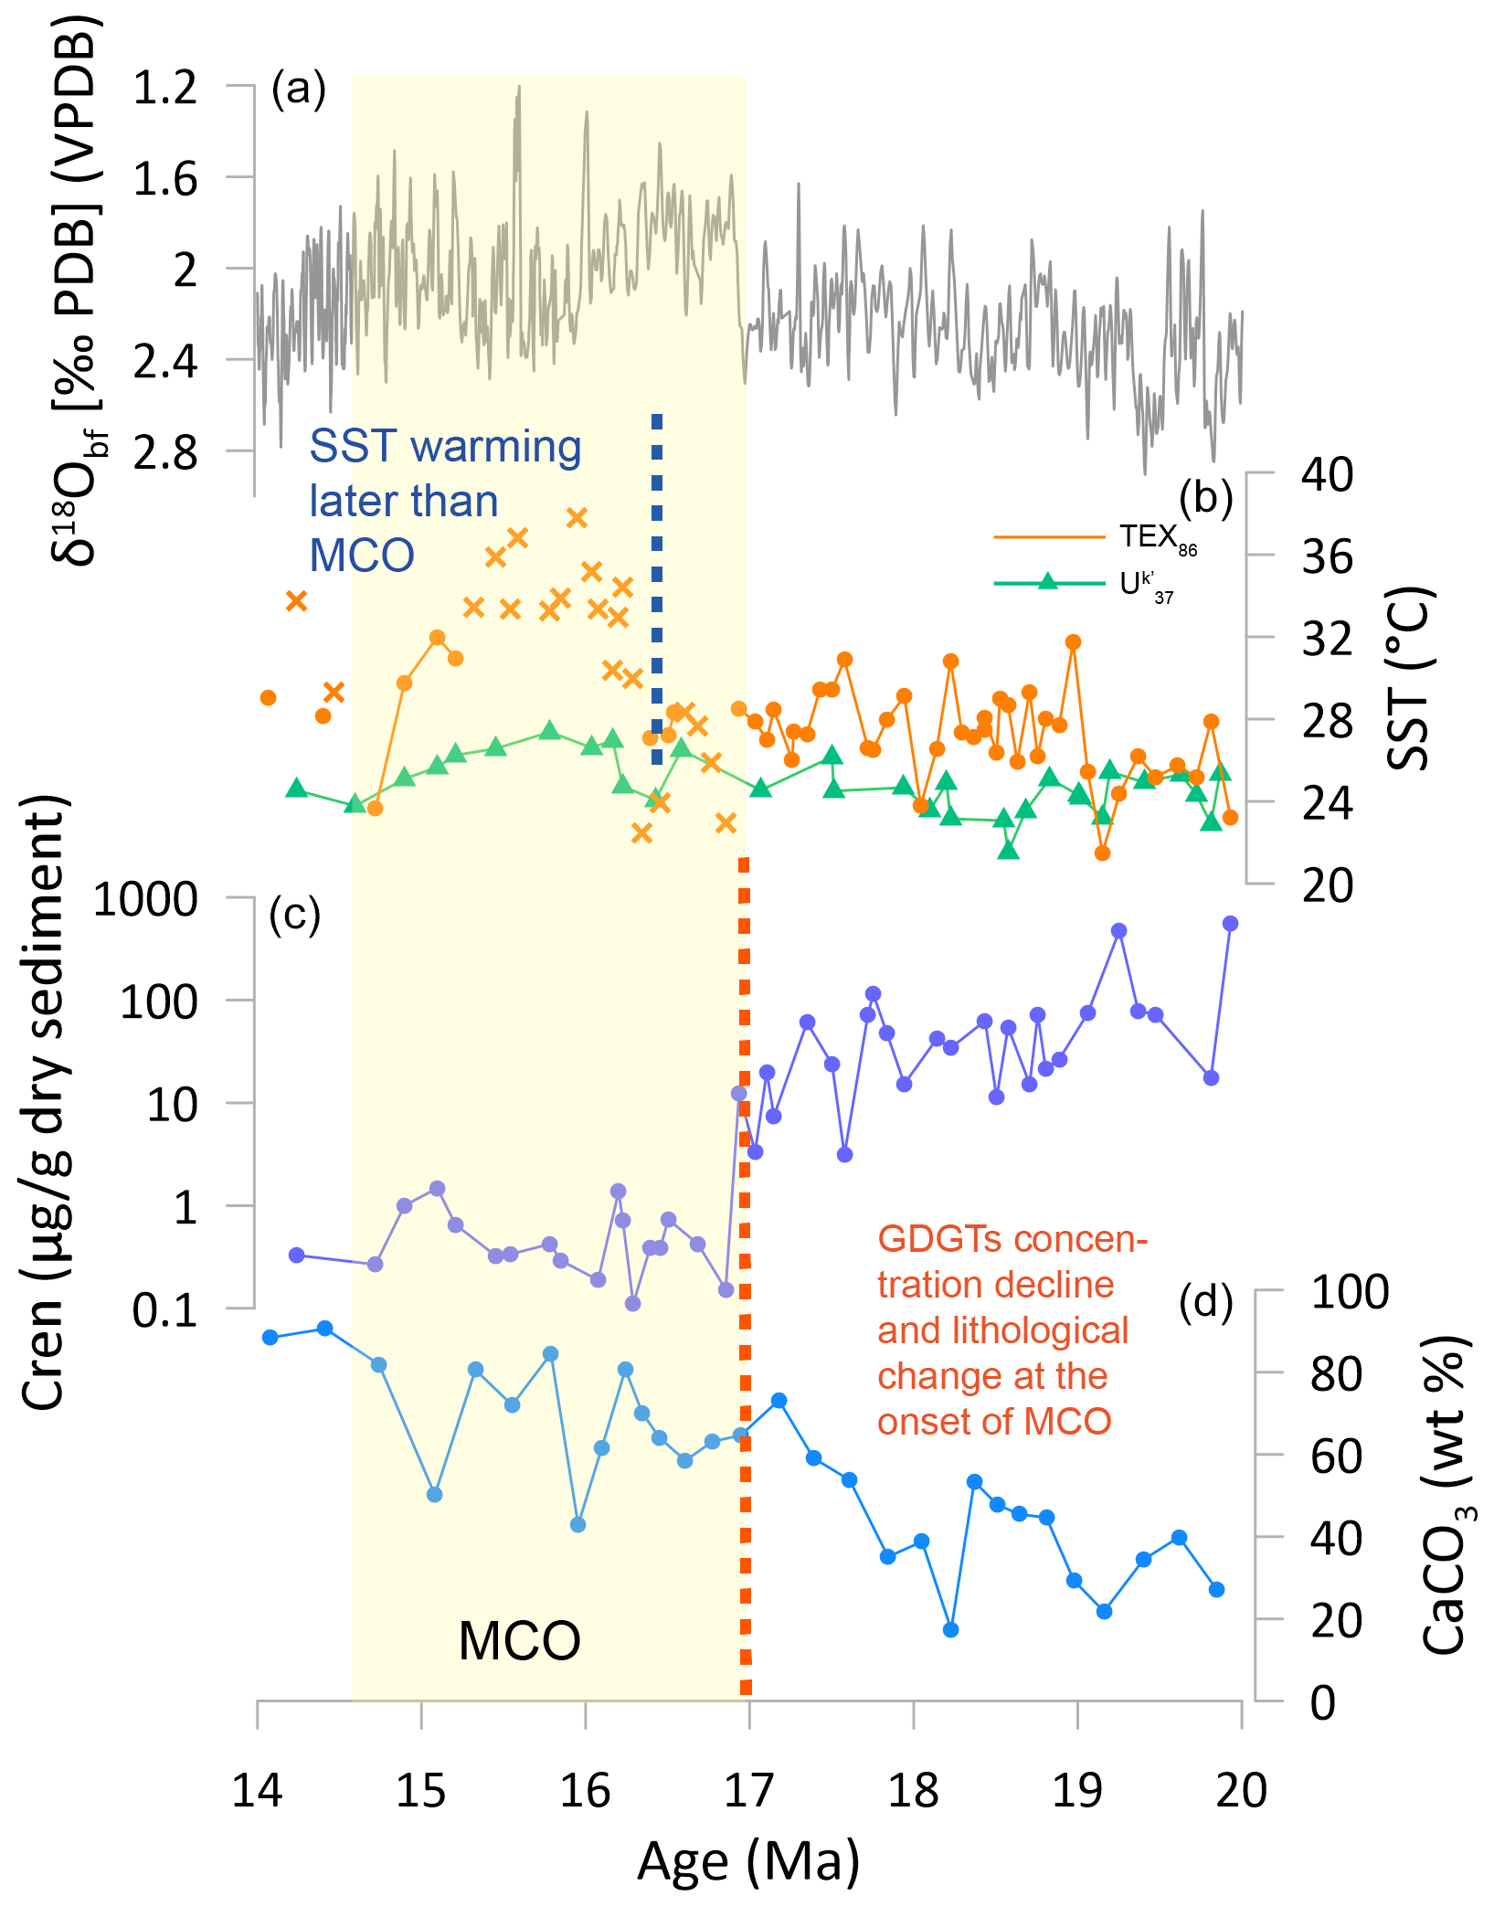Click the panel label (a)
click(x=298, y=90)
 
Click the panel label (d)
click(x=1205, y=1302)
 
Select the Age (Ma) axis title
click(x=748, y=1862)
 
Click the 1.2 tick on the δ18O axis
click(x=165, y=88)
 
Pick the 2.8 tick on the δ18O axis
click(x=165, y=452)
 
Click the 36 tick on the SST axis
click(x=1327, y=556)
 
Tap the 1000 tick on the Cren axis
click(x=145, y=900)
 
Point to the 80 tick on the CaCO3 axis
click(x=1336, y=1374)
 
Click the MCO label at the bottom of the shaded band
click(x=519, y=1640)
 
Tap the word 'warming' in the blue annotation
click(x=495, y=447)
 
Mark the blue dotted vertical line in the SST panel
click(x=657, y=585)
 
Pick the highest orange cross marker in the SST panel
click(x=577, y=518)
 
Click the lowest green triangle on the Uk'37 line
click(x=1008, y=850)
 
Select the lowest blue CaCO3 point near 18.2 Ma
click(x=950, y=1629)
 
